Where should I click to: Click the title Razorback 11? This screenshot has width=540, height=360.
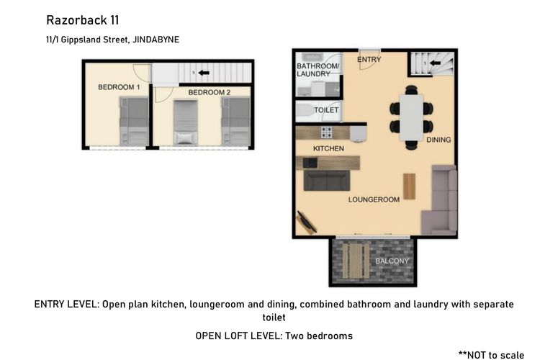(x=83, y=20)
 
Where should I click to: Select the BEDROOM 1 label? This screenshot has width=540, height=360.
(x=119, y=87)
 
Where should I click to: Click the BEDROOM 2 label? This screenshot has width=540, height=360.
(x=210, y=92)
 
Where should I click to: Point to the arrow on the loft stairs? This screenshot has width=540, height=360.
(x=204, y=73)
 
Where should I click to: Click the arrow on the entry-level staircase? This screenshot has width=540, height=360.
(x=436, y=63)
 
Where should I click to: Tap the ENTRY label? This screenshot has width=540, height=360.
(x=369, y=60)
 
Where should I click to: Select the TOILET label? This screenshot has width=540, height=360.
(x=326, y=110)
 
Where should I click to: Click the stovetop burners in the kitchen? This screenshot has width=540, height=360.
(x=327, y=132)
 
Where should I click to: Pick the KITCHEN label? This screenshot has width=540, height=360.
(x=328, y=148)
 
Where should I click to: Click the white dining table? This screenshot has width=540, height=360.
(x=411, y=117)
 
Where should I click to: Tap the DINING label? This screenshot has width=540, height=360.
(x=438, y=140)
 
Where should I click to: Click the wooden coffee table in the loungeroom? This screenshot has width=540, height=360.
(x=409, y=186)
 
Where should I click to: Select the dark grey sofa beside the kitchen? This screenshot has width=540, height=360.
(x=327, y=180)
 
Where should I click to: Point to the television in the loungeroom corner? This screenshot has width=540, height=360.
(x=307, y=222)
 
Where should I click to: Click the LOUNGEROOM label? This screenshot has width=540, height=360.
(x=374, y=199)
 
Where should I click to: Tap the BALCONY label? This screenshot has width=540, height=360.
(x=392, y=261)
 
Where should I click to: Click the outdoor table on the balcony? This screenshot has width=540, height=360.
(x=356, y=261)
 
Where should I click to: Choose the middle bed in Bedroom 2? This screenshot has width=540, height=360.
(x=185, y=122)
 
